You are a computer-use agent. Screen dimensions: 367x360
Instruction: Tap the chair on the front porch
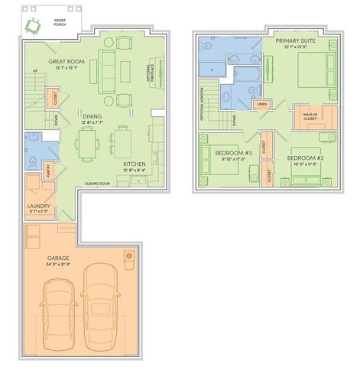pos(33,26)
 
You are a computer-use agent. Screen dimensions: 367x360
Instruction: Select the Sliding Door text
pos(99,184)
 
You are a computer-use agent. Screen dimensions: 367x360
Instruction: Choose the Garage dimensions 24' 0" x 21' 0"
pos(57,265)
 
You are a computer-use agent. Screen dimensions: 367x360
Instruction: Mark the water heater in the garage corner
pos(129,255)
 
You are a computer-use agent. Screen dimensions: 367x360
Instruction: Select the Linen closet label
pos(261,104)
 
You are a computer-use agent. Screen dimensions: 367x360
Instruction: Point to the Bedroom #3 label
pos(238,156)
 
